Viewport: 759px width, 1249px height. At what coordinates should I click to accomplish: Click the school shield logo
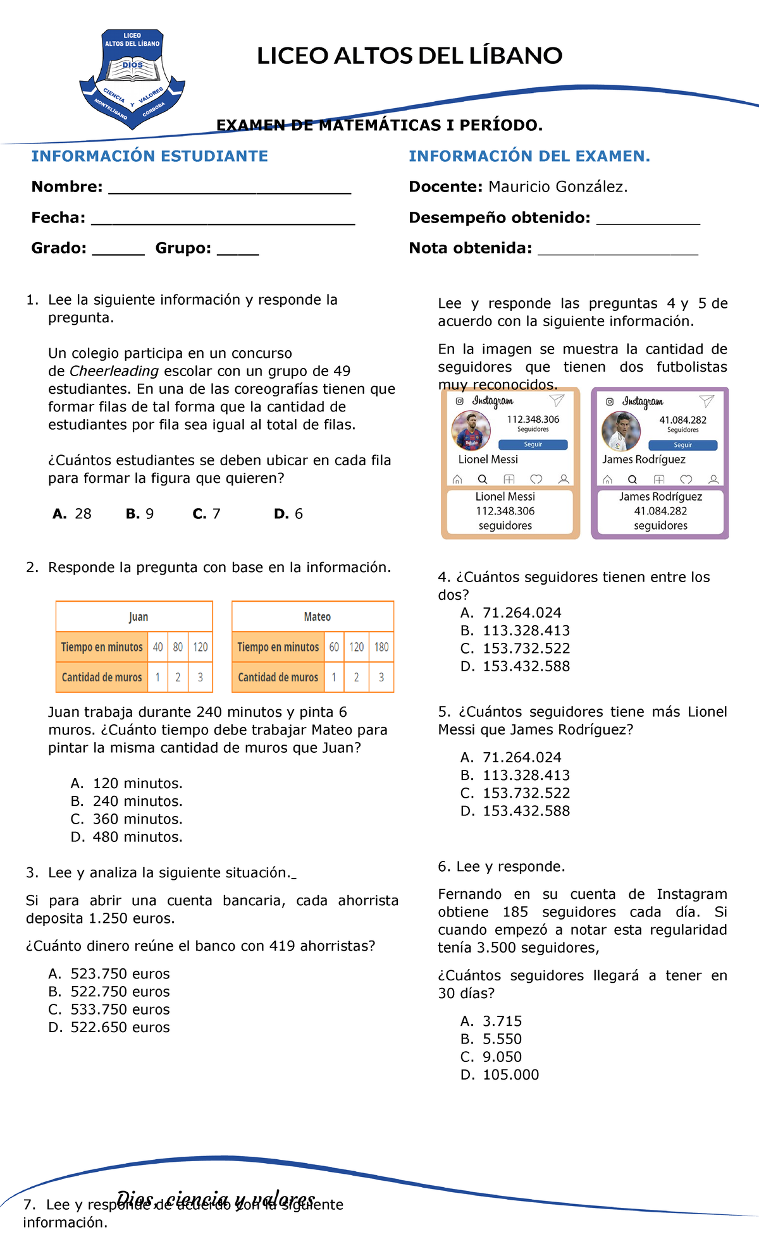pos(132,79)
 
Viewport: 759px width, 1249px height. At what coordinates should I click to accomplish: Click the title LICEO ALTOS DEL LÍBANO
pos(409,56)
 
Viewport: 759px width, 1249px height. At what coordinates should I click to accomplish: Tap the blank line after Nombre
pos(230,188)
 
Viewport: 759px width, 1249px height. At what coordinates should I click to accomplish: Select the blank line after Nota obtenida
pos(617,250)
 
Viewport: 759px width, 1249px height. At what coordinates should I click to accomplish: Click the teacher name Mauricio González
pos(557,187)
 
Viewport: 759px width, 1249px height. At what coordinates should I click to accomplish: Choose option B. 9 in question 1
pos(140,514)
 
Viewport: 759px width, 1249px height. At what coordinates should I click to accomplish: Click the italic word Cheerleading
pos(114,371)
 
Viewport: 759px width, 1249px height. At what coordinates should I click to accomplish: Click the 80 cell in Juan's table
pos(178,647)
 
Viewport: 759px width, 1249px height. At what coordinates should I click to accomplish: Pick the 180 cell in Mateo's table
pos(381,647)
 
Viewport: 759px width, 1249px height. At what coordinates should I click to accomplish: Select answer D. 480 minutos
pos(126,837)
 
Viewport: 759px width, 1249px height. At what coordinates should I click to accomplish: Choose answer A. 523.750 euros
pos(109,974)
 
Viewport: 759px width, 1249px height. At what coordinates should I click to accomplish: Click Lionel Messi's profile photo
pos(471,430)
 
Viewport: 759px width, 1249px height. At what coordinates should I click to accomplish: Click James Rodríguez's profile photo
pos(621,430)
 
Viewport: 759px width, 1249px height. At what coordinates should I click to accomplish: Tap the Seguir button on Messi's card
pos(533,444)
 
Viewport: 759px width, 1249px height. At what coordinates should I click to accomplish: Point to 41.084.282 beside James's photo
pos(682,420)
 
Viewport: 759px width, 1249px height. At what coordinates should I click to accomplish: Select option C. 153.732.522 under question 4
pos(515,649)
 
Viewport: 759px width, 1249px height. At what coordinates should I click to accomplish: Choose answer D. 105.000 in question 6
pos(500,1075)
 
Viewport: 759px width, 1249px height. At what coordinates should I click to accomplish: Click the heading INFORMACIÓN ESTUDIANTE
pos(150,156)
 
